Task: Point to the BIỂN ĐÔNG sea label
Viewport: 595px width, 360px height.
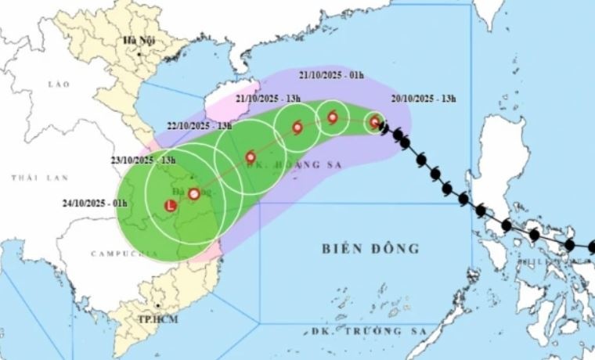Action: point(370,249)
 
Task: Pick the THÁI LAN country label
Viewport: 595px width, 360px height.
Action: point(30,179)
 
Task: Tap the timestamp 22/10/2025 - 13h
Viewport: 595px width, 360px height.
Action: point(200,125)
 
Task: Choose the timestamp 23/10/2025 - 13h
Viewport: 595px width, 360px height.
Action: point(143,160)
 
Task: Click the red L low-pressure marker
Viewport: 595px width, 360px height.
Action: point(171,206)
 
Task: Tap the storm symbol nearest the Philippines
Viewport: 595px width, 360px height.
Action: point(375,121)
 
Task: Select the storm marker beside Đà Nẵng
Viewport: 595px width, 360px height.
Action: point(193,193)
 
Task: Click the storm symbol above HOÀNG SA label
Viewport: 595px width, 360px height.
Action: point(251,156)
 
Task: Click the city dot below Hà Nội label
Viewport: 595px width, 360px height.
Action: point(139,53)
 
